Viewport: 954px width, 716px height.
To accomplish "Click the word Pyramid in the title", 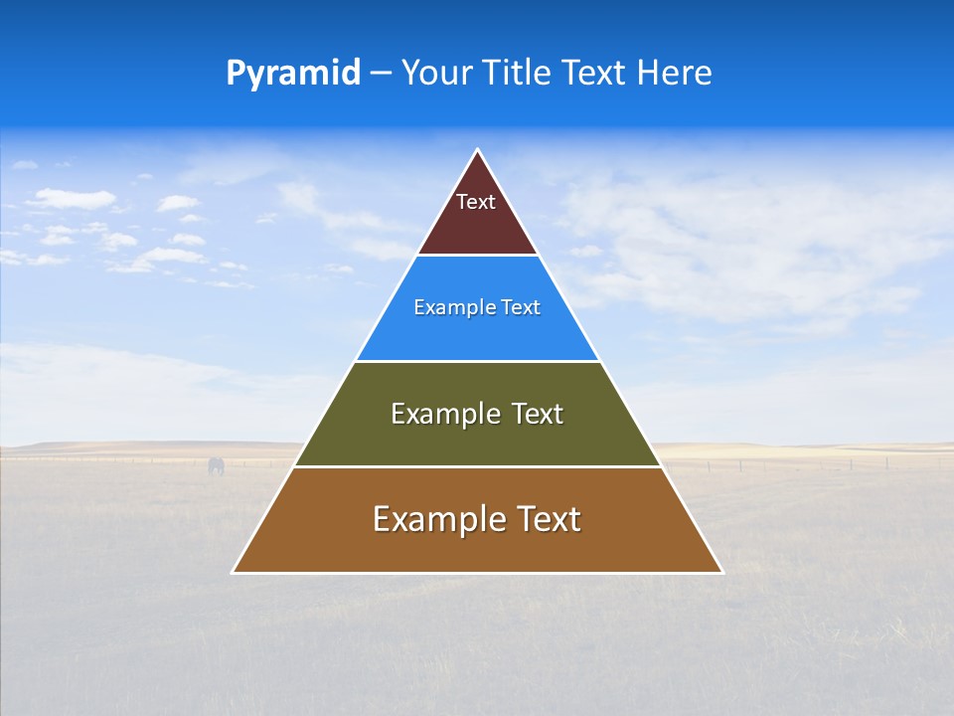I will pyautogui.click(x=292, y=74).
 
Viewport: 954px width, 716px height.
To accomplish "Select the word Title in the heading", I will pyautogui.click(x=520, y=74).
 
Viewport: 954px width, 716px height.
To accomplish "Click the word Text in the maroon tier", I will pyautogui.click(x=476, y=202).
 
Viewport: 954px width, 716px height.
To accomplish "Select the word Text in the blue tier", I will pyautogui.click(x=521, y=308).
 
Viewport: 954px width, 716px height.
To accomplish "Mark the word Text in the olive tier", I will pyautogui.click(x=538, y=414).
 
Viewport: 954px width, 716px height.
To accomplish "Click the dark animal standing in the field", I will pyautogui.click(x=216, y=465).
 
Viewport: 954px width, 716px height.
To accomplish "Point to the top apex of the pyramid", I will pyautogui.click(x=477, y=151).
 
